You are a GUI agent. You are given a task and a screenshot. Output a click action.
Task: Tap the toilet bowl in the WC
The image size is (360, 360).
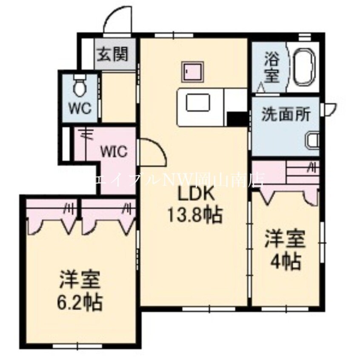click(79, 86)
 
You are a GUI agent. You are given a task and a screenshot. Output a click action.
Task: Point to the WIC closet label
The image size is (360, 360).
click(114, 152)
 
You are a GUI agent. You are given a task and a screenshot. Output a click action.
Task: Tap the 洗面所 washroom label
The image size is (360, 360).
click(285, 114)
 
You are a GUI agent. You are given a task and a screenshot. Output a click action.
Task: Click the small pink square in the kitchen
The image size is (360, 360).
click(193, 71)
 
